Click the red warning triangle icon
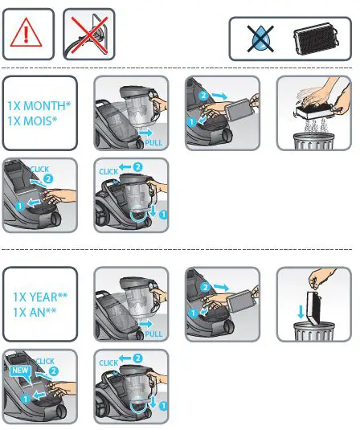pyautogui.click(x=29, y=35)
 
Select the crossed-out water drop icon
pyautogui.click(x=260, y=39)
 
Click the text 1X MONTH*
pyautogui.click(x=39, y=106)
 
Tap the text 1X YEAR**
pyautogui.click(x=39, y=297)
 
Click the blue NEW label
pyautogui.click(x=20, y=371)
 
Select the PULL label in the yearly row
pyautogui.click(x=154, y=333)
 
